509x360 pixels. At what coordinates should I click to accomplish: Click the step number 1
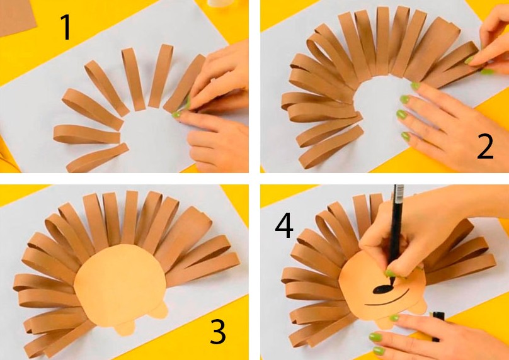66,28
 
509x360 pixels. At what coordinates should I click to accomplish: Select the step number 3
218,331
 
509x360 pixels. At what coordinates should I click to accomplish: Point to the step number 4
284,225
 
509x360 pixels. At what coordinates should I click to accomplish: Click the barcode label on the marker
399,193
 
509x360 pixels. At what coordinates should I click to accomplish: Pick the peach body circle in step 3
120,284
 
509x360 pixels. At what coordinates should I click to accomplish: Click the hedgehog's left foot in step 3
125,329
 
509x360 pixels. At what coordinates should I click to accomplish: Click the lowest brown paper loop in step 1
96,158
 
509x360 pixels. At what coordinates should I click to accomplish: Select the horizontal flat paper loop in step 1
87,134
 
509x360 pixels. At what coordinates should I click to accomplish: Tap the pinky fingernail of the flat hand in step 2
406,136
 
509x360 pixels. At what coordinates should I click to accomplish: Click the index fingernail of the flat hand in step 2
415,86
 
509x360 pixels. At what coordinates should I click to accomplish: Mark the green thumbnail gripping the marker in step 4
391,274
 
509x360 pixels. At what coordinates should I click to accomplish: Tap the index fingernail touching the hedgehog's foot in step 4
394,318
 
